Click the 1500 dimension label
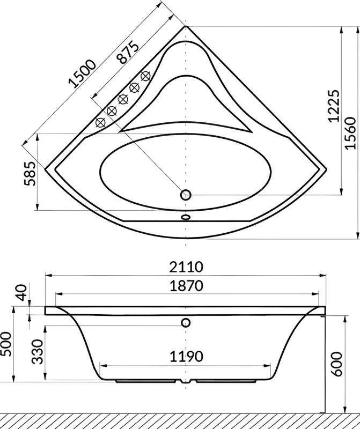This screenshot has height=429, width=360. [x=83, y=73]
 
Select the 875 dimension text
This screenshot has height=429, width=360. [x=127, y=52]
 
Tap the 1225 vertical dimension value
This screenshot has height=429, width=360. [x=334, y=105]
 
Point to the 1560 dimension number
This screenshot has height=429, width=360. [x=350, y=133]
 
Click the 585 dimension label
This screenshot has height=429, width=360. [x=30, y=174]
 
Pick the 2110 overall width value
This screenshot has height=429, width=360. [x=186, y=267]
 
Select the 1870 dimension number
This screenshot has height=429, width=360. [x=186, y=286]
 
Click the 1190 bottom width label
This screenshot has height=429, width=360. [x=186, y=357]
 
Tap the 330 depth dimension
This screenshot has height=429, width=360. [x=37, y=352]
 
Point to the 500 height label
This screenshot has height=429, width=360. [x=6, y=344]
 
